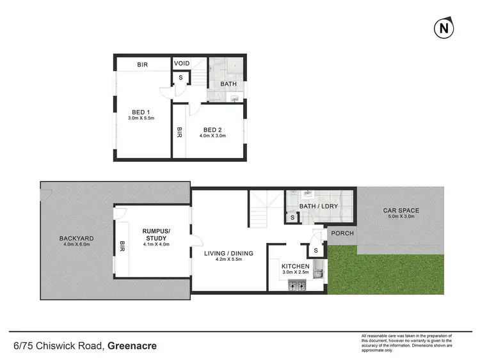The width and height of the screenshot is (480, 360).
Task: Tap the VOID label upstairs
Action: (x=182, y=64)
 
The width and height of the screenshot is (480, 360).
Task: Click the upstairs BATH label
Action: (x=228, y=84)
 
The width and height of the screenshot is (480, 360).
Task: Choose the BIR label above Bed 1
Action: (x=143, y=65)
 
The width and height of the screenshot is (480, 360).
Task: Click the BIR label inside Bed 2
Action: (x=179, y=132)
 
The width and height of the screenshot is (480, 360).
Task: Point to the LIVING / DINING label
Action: (x=228, y=253)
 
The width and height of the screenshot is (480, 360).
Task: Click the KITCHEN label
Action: (x=295, y=266)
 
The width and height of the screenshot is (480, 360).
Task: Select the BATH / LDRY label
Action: (x=318, y=207)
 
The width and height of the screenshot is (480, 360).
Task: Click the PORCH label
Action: (x=342, y=233)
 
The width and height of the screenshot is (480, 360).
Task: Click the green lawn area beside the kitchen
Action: (x=384, y=272)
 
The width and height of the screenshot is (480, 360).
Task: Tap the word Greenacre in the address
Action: (x=132, y=347)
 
